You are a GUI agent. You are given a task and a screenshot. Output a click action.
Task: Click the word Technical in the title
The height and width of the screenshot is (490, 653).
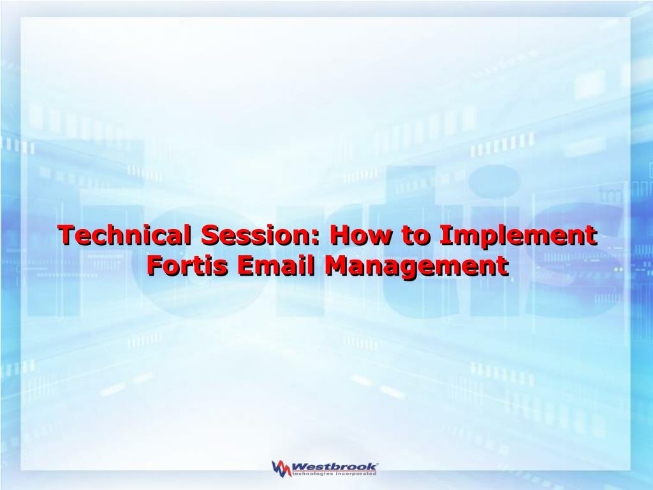tap(125, 235)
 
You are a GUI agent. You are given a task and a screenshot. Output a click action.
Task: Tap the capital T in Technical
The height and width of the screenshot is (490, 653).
tap(66, 235)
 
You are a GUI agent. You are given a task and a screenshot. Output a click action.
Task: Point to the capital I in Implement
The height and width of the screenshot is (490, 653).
tap(444, 235)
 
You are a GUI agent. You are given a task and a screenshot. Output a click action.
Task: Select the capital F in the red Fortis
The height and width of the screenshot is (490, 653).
tap(155, 266)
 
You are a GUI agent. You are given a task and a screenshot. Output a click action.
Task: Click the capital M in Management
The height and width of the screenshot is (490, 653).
tap(337, 266)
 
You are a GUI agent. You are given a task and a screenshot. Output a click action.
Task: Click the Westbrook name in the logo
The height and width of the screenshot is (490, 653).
tap(334, 466)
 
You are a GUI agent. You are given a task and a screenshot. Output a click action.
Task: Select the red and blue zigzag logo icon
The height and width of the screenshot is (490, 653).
tap(281, 468)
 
